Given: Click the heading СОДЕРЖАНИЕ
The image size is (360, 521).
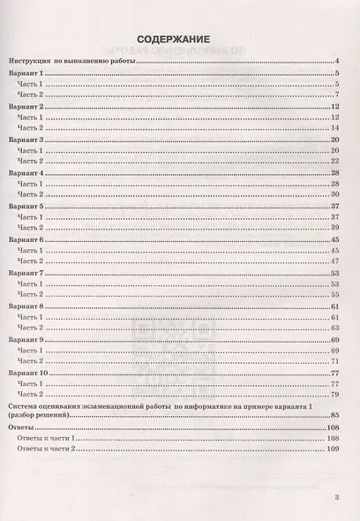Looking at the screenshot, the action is pyautogui.click(x=173, y=38).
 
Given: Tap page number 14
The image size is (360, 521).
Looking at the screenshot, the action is pyautogui.click(x=335, y=127).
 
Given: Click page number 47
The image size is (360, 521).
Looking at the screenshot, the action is pyautogui.click(x=335, y=261).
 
